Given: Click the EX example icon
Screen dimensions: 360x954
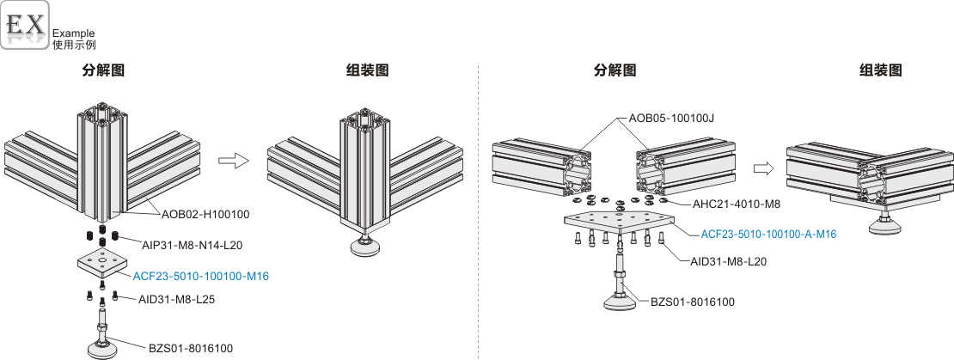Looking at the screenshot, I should coord(25,25).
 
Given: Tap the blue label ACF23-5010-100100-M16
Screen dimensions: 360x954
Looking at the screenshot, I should coord(200,276).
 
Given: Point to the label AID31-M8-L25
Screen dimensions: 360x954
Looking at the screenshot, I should coord(177,299).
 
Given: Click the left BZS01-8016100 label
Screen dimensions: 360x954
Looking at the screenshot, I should coord(191,348).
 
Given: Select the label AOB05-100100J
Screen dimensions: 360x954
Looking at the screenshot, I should coord(671,118).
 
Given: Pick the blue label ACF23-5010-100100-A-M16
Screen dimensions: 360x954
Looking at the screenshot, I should coord(768,233).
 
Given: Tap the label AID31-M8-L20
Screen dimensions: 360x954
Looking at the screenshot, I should coord(728,261).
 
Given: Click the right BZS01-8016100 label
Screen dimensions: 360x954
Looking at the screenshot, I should coord(693,302).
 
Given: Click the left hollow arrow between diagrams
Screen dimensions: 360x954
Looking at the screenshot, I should coord(233,160).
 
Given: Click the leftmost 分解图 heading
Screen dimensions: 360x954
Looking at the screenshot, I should coord(103,70).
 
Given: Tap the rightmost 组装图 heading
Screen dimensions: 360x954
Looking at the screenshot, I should coord(881,70).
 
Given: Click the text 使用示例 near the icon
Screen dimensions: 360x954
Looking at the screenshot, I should coord(74,44).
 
